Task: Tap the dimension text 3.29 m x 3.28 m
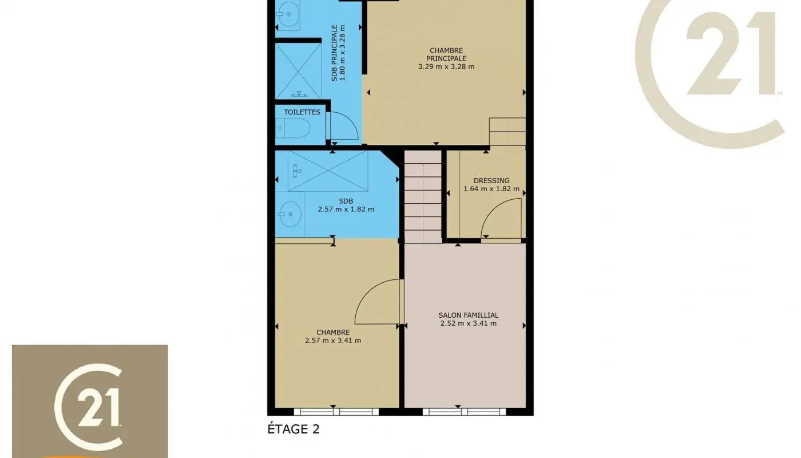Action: coord(446,66)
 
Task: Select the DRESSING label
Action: coord(491,180)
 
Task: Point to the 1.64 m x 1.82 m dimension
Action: coord(491,189)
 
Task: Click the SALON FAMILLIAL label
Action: coord(468,315)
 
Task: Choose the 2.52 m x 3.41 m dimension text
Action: coord(468,323)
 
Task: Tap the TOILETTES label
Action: coord(302,112)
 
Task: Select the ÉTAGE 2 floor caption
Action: coord(301,429)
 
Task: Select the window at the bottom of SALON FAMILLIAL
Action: coord(465,411)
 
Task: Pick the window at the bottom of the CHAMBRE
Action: coord(336,411)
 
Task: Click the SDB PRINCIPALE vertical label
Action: coord(339,53)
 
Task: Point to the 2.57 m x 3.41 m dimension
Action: coord(333,341)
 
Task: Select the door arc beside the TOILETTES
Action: coord(344,125)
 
